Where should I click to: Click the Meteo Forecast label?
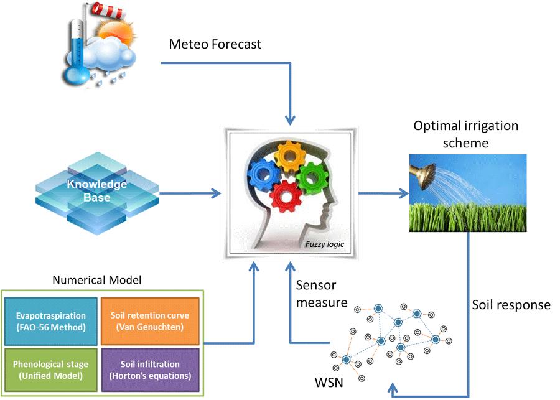pyautogui.click(x=215, y=45)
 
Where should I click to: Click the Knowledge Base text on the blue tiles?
pyautogui.click(x=97, y=191)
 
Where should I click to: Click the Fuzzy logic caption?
pyautogui.click(x=324, y=244)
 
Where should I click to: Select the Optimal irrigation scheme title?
pyautogui.click(x=466, y=133)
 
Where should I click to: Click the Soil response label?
pyautogui.click(x=511, y=305)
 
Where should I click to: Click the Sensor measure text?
pyautogui.click(x=315, y=294)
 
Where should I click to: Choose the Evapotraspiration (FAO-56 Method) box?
pyautogui.click(x=51, y=320)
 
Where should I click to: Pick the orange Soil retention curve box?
pyautogui.click(x=151, y=320)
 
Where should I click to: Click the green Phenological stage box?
pyautogui.click(x=51, y=370)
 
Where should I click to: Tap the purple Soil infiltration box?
pyautogui.click(x=151, y=370)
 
